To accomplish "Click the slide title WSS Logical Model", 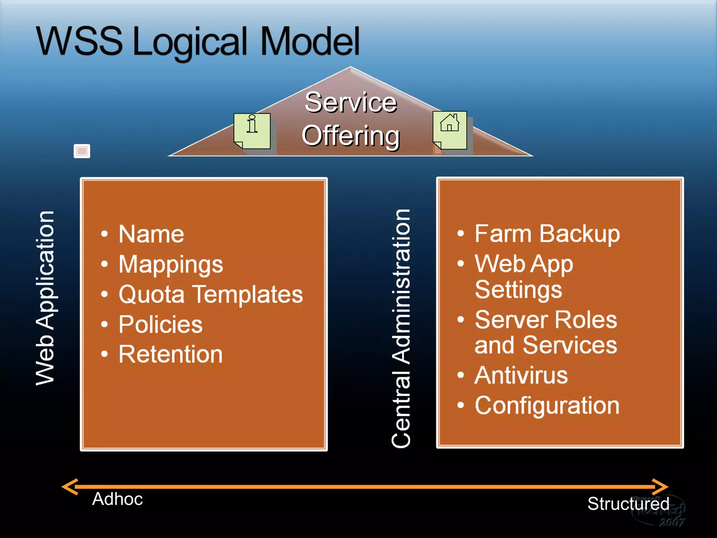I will tap(198, 42).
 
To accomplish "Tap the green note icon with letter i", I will tap(252, 131).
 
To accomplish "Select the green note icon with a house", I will tap(450, 130).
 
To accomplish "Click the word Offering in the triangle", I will tap(350, 136).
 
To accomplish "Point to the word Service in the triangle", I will tap(351, 102).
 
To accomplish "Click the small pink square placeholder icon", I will tap(82, 151).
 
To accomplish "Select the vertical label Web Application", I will tap(45, 298).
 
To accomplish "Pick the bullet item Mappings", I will tap(171, 264).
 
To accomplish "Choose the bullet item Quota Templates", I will tap(211, 294).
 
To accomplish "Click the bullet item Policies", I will tap(161, 324).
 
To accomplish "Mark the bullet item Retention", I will tap(170, 354).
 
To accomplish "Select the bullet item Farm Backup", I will tap(547, 234).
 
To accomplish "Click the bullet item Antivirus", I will tap(521, 375).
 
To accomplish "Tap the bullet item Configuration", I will tap(547, 406).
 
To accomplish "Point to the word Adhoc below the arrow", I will tap(118, 499).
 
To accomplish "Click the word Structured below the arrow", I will tap(628, 504).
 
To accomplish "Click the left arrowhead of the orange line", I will tap(69, 487).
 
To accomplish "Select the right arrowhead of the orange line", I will tap(660, 487).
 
